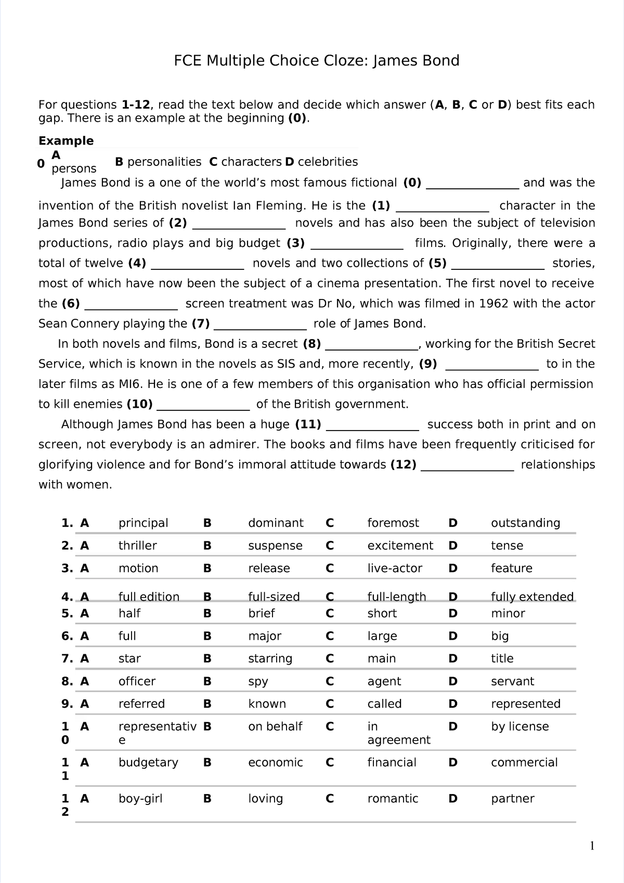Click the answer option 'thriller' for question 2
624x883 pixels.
pyautogui.click(x=137, y=546)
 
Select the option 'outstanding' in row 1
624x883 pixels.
pyautogui.click(x=525, y=523)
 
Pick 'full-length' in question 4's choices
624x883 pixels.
pyautogui.click(x=396, y=596)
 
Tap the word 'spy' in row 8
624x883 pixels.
pyautogui.click(x=258, y=681)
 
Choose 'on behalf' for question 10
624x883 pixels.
pyautogui.click(x=275, y=726)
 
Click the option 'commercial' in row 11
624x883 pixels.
pyautogui.click(x=524, y=762)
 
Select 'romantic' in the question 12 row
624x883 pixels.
pyautogui.click(x=393, y=799)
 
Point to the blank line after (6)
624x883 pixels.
pyautogui.click(x=131, y=305)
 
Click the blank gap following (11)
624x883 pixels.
pyautogui.click(x=372, y=426)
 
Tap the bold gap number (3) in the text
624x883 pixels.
pyautogui.click(x=295, y=243)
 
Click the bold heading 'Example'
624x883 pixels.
pyautogui.click(x=66, y=141)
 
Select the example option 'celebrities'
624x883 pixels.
pyautogui.click(x=328, y=162)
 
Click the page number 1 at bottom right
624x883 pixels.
pyautogui.click(x=591, y=847)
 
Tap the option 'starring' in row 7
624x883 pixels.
pyautogui.click(x=270, y=659)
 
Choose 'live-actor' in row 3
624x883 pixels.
pyautogui.click(x=394, y=568)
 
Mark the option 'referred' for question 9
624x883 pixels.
pyautogui.click(x=141, y=704)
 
